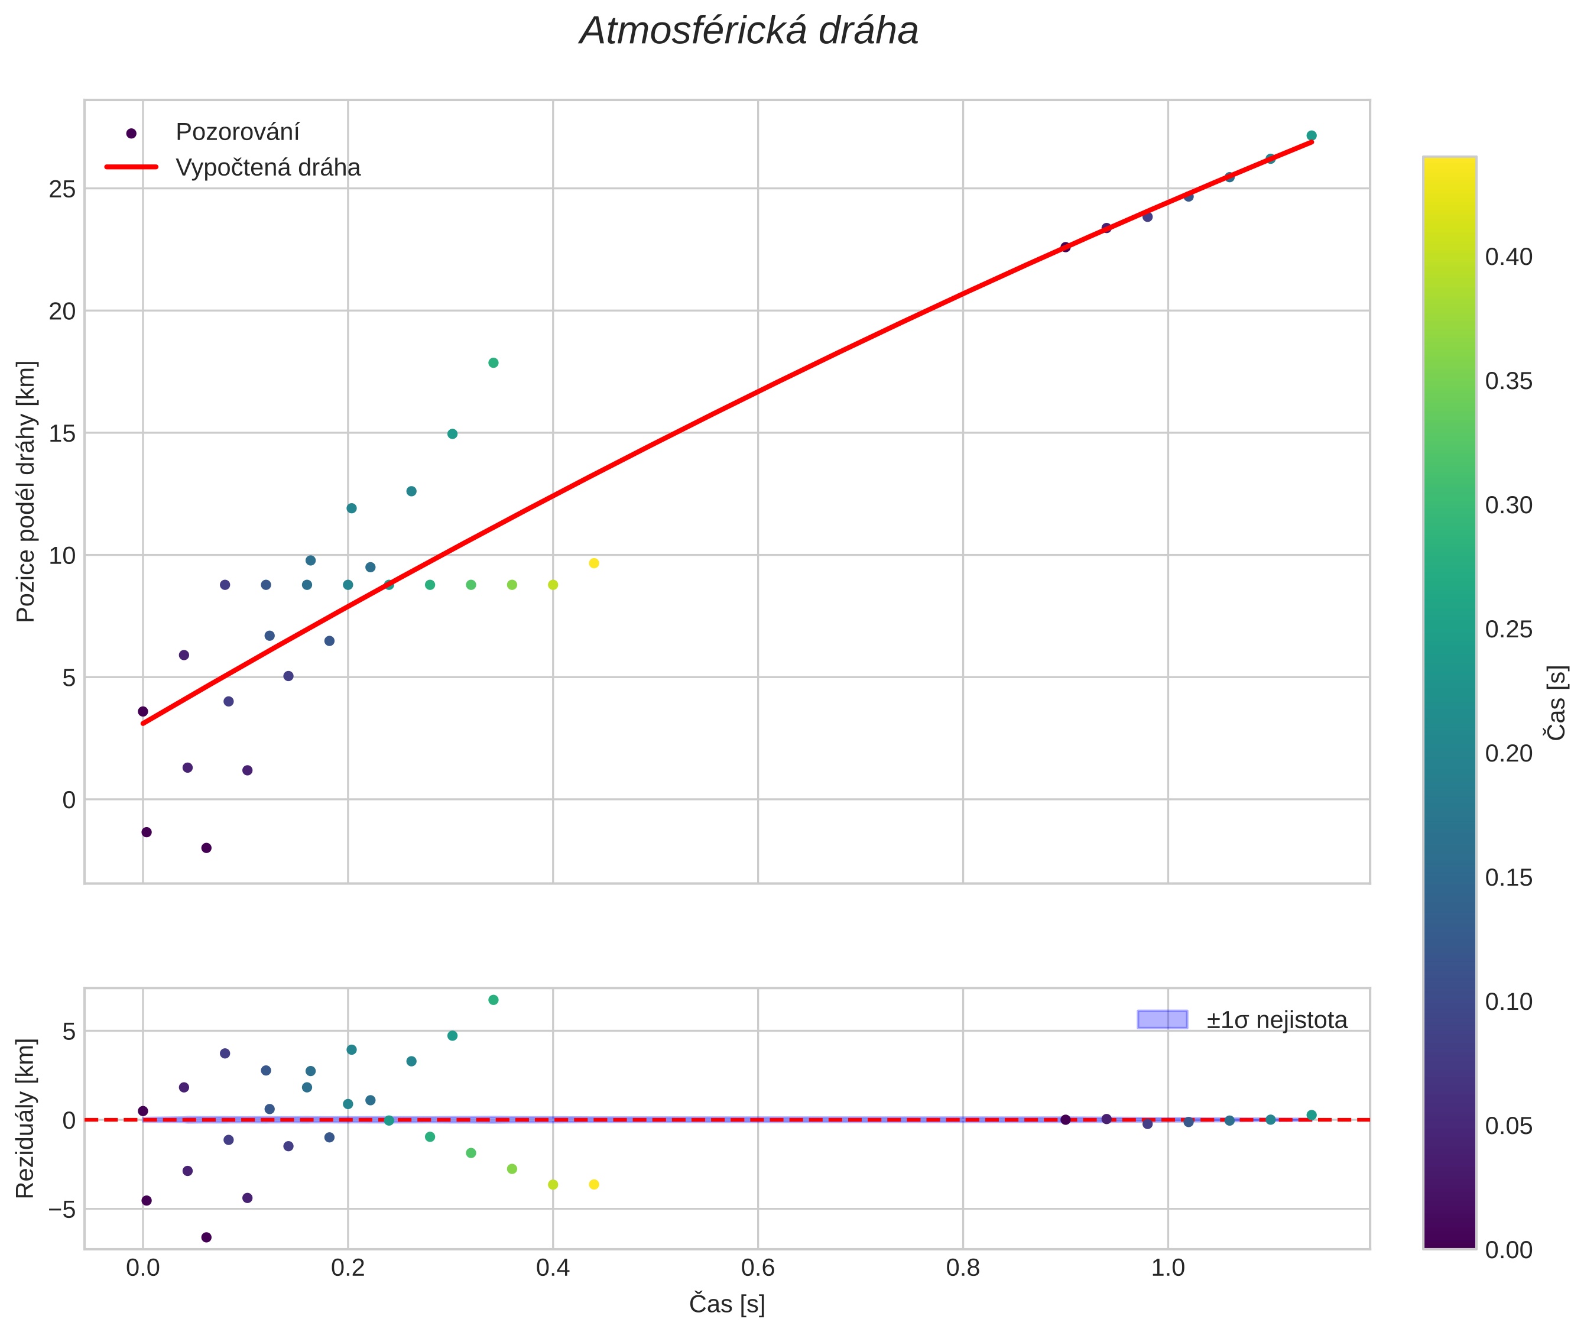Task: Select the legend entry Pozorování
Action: coord(237,132)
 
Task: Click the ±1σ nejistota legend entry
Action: coord(1276,1020)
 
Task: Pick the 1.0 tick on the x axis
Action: coord(1167,1268)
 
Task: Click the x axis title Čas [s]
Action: coord(726,1304)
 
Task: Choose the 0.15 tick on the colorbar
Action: coord(1508,877)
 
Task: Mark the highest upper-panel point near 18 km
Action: coord(493,363)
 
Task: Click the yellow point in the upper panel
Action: coord(593,563)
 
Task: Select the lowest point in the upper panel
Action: coord(206,848)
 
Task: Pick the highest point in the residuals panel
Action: coord(493,1000)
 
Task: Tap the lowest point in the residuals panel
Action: coord(206,1237)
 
